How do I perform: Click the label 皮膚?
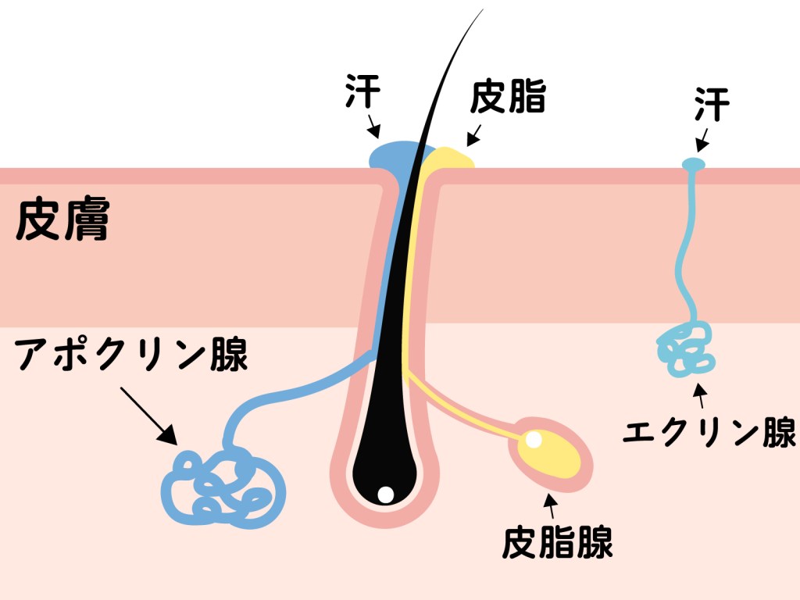click(62, 221)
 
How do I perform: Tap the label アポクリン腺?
click(131, 355)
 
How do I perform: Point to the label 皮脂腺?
click(557, 541)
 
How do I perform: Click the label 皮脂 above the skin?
click(508, 98)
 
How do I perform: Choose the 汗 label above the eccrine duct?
click(711, 105)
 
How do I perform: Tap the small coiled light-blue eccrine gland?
click(687, 349)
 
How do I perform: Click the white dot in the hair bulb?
click(384, 494)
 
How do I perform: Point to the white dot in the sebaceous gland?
click(534, 440)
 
